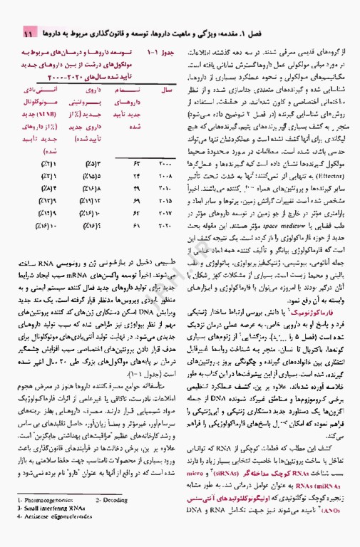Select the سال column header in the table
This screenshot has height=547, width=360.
[x=163, y=93]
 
